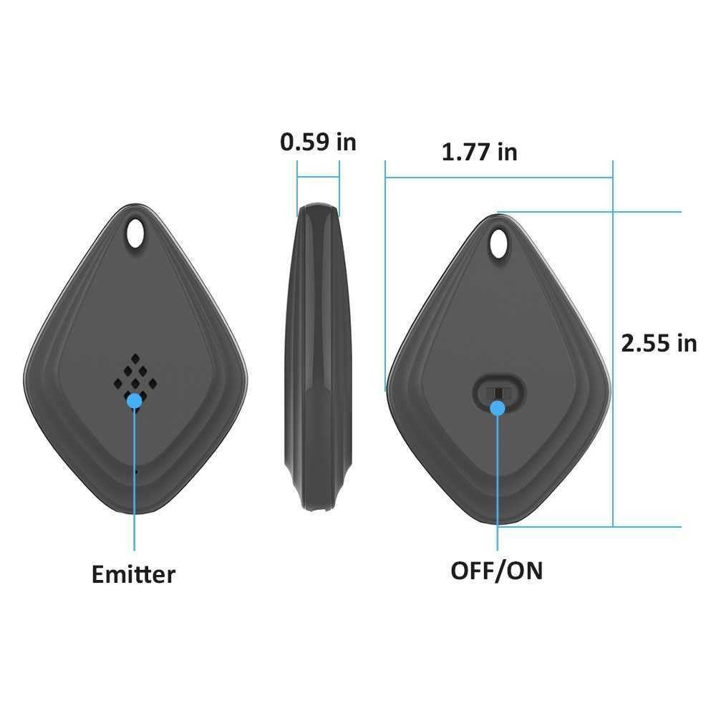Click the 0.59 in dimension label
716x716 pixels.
point(317,142)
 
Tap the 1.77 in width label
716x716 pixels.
point(479,152)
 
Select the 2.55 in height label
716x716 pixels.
point(658,343)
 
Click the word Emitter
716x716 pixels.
point(133,574)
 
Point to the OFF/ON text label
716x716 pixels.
point(496,571)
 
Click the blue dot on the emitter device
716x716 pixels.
point(134,401)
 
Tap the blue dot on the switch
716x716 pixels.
point(498,408)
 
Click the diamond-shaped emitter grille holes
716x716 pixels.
point(135,375)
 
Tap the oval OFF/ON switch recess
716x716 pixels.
point(499,391)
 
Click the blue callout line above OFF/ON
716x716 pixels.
point(498,487)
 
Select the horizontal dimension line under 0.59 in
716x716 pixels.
point(318,178)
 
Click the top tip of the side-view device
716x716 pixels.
point(318,208)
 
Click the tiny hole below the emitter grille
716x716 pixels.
point(135,471)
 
